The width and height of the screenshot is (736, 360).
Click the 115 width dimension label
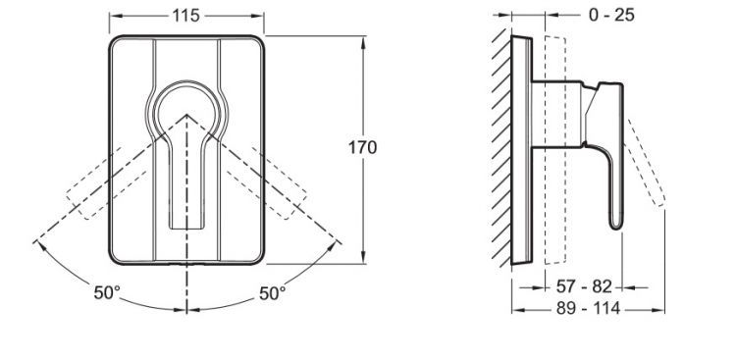185,16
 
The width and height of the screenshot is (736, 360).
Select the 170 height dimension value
362,147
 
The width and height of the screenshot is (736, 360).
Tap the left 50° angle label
107,293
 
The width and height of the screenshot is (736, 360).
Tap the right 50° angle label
272,293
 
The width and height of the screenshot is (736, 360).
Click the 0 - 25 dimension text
611,15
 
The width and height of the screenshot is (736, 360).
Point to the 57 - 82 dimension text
585,286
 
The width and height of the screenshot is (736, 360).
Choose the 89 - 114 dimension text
589,309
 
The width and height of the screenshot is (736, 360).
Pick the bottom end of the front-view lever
186,228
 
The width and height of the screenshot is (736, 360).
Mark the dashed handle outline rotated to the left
107,185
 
